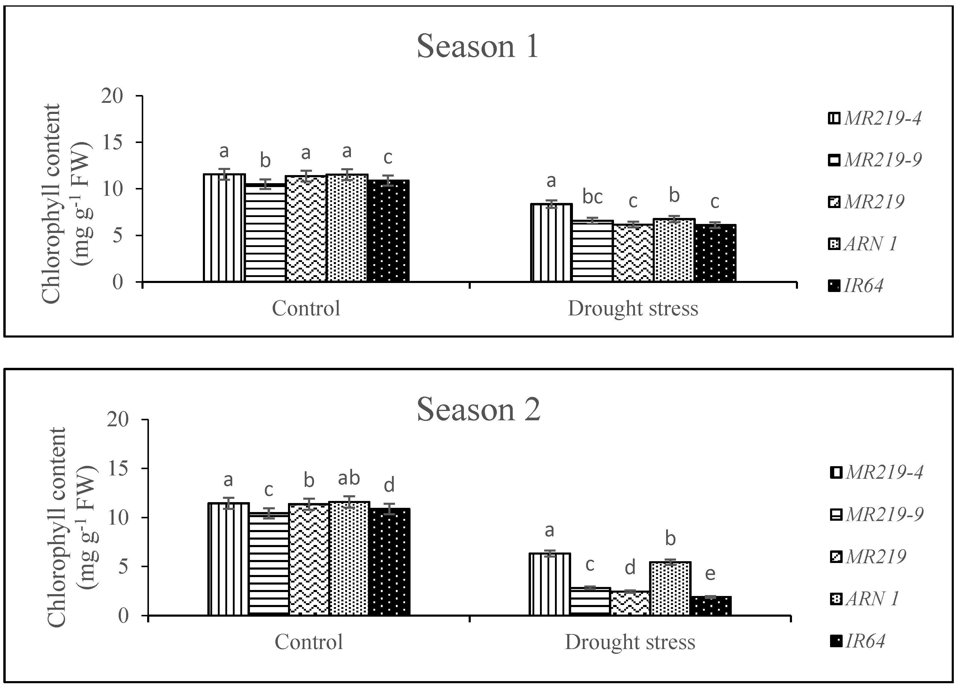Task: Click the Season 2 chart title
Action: pos(478,410)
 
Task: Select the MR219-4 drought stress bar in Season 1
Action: pos(551,243)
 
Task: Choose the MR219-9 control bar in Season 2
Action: pos(269,564)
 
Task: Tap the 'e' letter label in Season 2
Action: pos(710,574)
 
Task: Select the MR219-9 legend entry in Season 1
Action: pos(875,160)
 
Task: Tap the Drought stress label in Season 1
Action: pos(633,308)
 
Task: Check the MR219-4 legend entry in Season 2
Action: pos(877,472)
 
